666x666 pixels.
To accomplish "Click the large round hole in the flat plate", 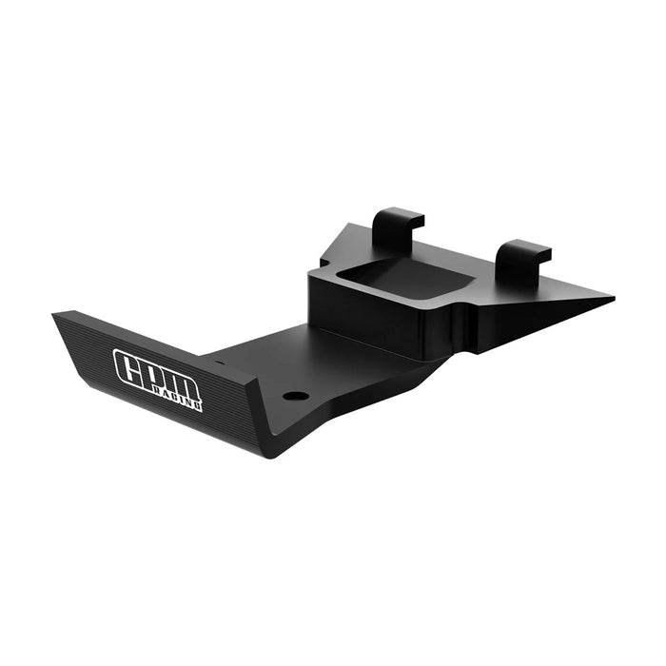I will click(x=296, y=395).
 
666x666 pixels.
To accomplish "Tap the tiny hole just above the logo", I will click(x=219, y=362).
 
